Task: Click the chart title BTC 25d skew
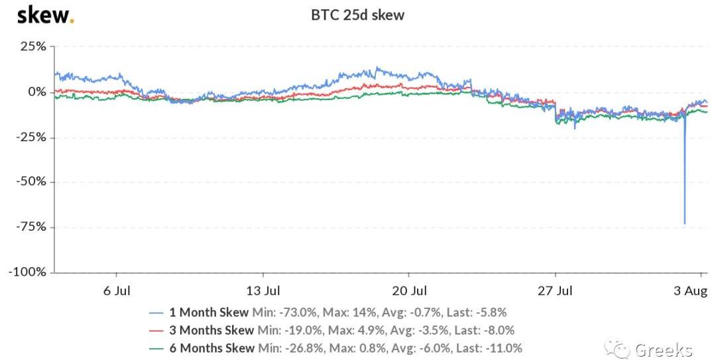tap(357, 15)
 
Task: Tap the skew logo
tap(44, 15)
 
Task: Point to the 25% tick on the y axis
tap(32, 46)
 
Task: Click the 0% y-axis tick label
tap(36, 91)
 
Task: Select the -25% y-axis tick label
tap(30, 137)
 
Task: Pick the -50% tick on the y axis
tap(30, 182)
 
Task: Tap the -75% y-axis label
tap(30, 227)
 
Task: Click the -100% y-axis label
tap(27, 272)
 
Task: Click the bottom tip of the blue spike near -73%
tap(684, 223)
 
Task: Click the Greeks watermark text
tap(663, 349)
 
